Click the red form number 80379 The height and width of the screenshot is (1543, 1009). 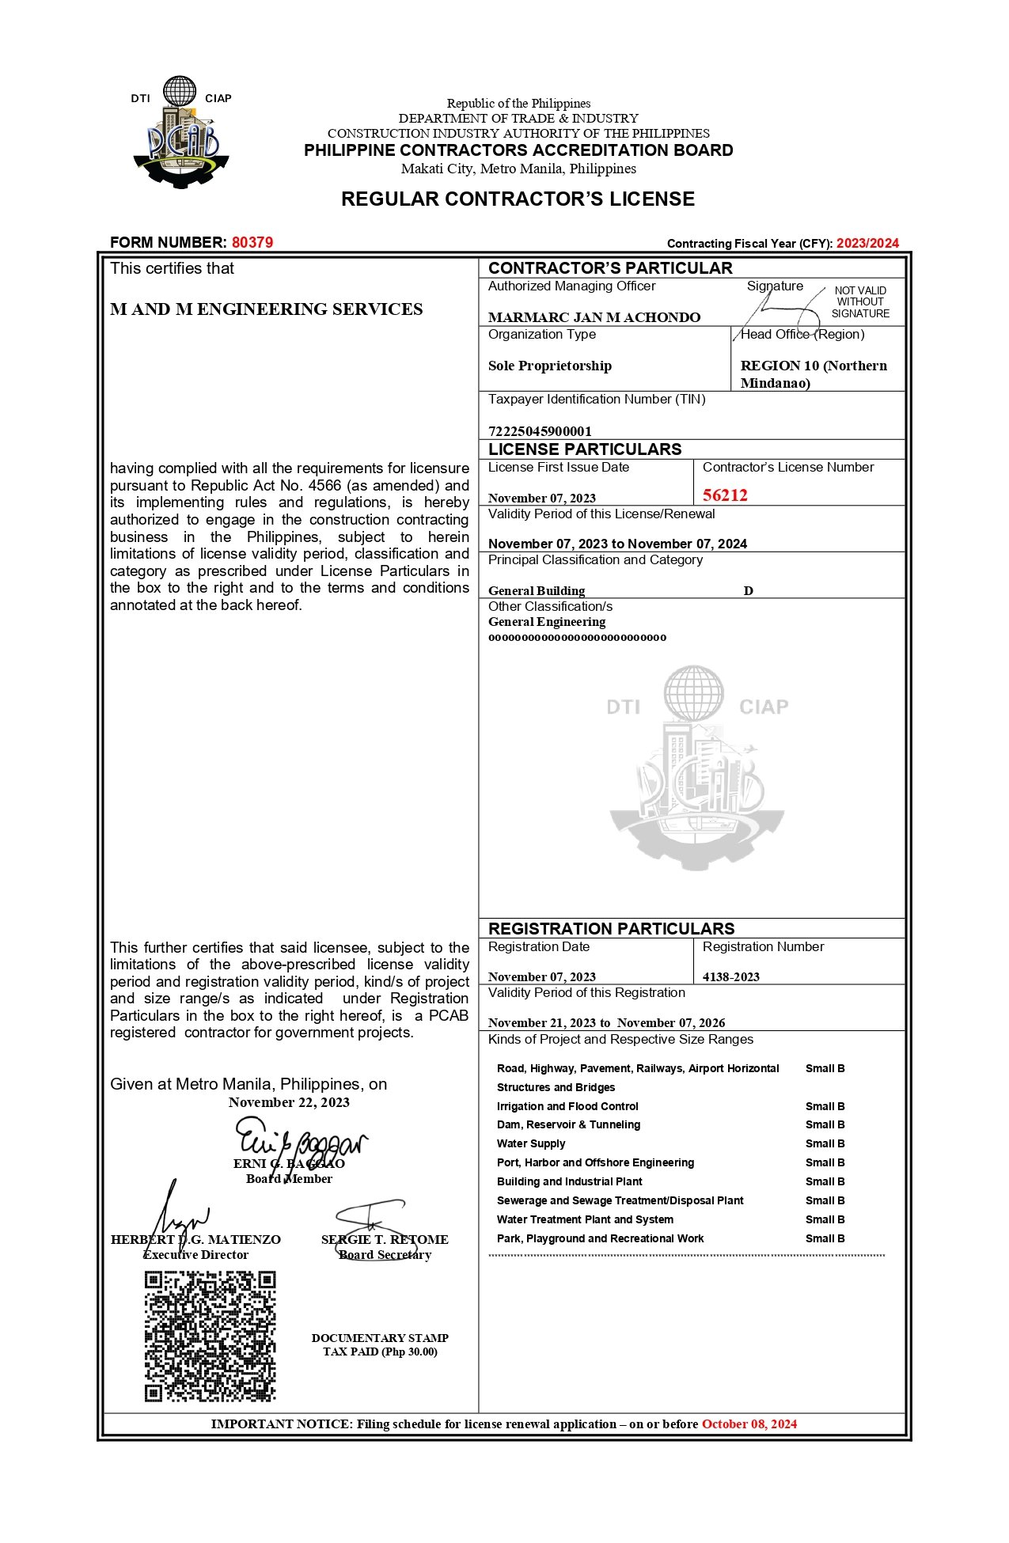click(252, 242)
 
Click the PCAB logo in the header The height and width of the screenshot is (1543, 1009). click(181, 132)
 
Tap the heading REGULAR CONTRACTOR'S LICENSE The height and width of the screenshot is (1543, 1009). click(518, 199)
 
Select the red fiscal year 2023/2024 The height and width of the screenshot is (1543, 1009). click(867, 243)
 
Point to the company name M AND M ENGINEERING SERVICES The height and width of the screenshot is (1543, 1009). click(267, 309)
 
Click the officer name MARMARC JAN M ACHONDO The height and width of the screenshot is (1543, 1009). click(594, 317)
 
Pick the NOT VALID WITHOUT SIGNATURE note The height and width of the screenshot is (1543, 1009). click(860, 302)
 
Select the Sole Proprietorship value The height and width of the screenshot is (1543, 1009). click(550, 366)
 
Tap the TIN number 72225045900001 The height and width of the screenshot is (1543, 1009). click(540, 431)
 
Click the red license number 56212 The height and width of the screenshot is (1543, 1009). click(725, 495)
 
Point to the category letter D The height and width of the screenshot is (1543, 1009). click(748, 591)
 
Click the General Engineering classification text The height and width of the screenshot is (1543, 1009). click(547, 622)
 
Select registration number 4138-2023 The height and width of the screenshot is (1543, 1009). click(731, 976)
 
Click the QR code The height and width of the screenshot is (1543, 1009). click(210, 1336)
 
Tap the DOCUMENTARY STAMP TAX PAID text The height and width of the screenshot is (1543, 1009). click(380, 1344)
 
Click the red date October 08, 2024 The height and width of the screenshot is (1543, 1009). click(749, 1424)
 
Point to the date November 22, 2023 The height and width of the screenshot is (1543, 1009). click(289, 1102)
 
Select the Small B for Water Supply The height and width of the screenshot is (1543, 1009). click(825, 1143)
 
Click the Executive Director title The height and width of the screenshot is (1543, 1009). click(195, 1254)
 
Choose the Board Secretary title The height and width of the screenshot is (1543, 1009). click(385, 1254)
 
